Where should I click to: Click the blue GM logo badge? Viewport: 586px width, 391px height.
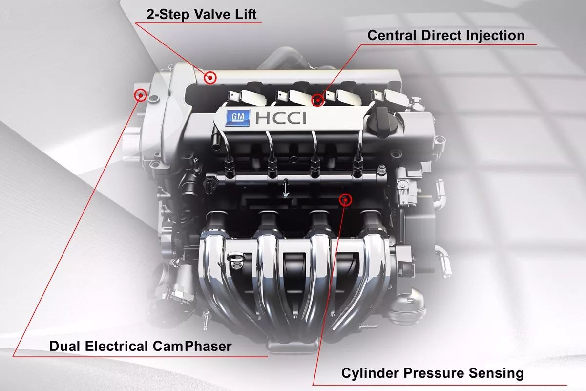click(237, 118)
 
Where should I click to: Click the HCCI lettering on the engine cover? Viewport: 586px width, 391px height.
click(280, 118)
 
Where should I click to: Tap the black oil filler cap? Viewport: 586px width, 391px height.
click(382, 121)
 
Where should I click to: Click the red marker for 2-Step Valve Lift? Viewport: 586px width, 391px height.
click(210, 78)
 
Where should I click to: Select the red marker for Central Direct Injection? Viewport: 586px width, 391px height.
click(318, 100)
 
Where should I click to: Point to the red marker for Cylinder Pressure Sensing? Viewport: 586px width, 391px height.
click(346, 200)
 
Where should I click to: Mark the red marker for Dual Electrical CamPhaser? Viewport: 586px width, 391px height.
click(141, 95)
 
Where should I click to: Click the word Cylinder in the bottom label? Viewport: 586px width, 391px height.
click(370, 373)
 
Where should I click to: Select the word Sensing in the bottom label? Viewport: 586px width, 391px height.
click(496, 373)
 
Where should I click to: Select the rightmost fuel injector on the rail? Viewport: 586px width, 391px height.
click(356, 166)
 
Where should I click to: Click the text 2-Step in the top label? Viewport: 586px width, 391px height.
click(167, 15)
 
